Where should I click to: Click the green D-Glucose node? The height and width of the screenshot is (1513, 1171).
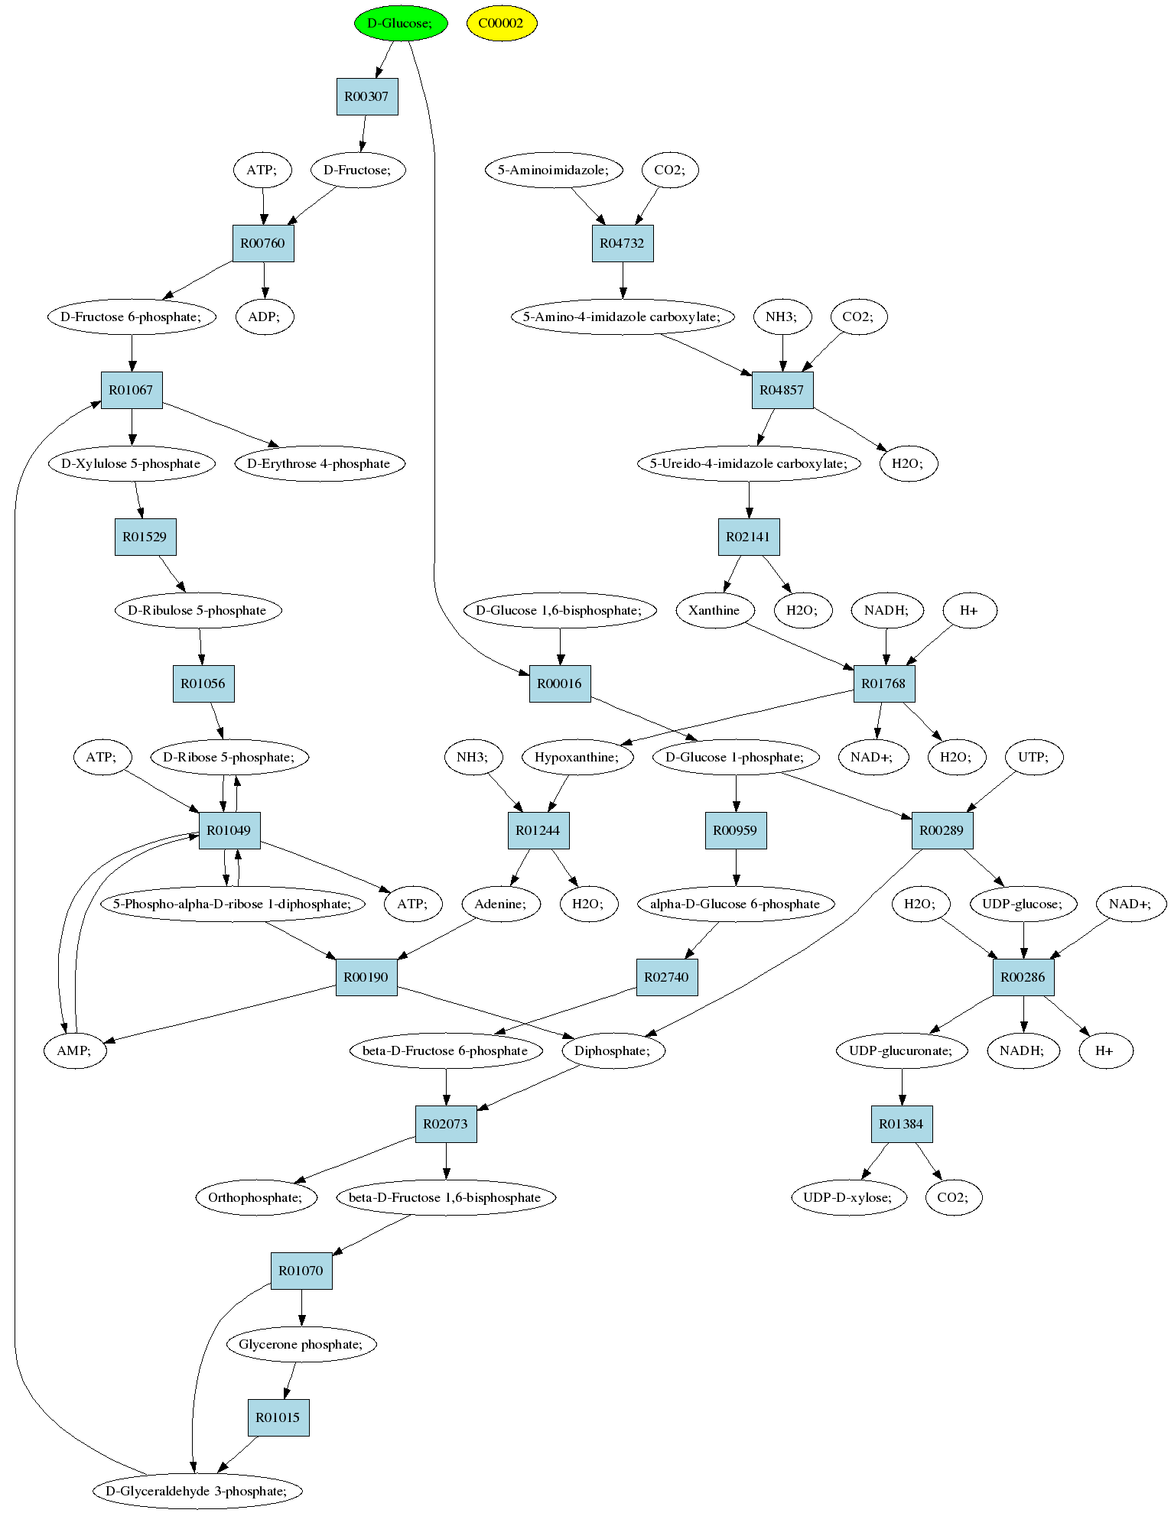coord(400,23)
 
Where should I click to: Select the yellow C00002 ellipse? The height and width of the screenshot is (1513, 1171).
coord(502,23)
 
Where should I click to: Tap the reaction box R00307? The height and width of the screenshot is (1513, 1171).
coord(367,96)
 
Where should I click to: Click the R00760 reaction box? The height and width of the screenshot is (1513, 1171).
coord(263,243)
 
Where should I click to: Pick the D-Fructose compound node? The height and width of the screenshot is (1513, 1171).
coord(358,170)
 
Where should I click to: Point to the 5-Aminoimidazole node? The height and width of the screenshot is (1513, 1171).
coord(554,170)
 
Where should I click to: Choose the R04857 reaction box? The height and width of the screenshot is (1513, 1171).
coord(782,390)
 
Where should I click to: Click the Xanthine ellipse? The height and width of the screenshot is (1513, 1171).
coord(715,610)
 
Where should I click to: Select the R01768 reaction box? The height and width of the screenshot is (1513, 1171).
coord(884,683)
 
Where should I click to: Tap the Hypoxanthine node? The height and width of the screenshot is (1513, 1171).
coord(579,757)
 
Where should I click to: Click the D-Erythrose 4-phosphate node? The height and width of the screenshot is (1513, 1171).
coord(319,463)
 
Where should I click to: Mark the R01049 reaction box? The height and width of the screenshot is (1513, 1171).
coord(229,830)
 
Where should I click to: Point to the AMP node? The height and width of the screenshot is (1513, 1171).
coord(74,1050)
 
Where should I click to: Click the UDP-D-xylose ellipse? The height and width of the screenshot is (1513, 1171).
coord(848,1197)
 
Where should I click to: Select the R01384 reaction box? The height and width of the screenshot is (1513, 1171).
coord(902,1124)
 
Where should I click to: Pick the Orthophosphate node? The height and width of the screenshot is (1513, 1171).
coord(255,1197)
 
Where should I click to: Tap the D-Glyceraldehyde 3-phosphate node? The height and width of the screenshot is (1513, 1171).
coord(197,1491)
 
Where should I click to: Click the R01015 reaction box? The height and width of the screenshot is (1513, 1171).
coord(278,1417)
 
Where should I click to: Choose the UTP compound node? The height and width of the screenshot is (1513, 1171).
coord(1033,757)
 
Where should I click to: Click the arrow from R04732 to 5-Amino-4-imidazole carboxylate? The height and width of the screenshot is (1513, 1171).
coord(623,280)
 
